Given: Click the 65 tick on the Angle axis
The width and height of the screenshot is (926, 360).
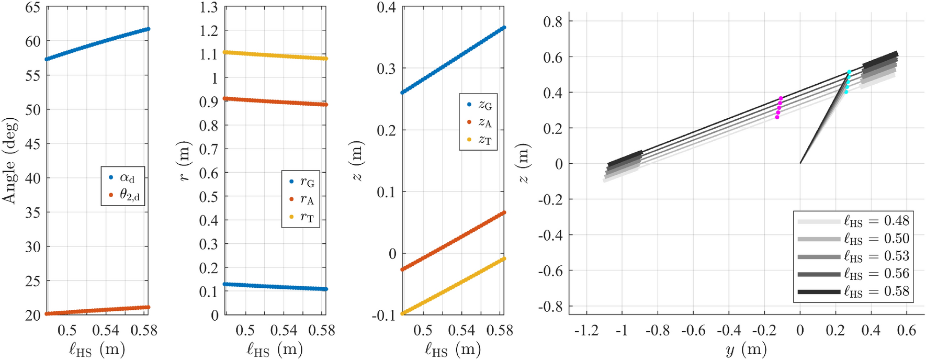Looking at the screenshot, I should [x=33, y=7].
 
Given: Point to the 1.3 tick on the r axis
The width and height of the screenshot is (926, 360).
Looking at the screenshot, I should [x=209, y=7].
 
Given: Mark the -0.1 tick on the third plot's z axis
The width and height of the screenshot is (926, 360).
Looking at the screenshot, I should [x=385, y=315].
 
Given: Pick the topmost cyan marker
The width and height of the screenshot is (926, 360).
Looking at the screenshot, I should [x=849, y=72].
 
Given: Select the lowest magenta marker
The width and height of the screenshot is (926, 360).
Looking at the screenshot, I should [x=777, y=117].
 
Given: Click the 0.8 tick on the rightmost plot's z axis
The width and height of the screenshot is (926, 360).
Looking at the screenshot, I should [x=552, y=21].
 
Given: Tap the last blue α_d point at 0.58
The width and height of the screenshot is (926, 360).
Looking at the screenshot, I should [x=148, y=29].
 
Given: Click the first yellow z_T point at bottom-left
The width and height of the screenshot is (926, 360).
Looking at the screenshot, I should [x=402, y=313].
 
